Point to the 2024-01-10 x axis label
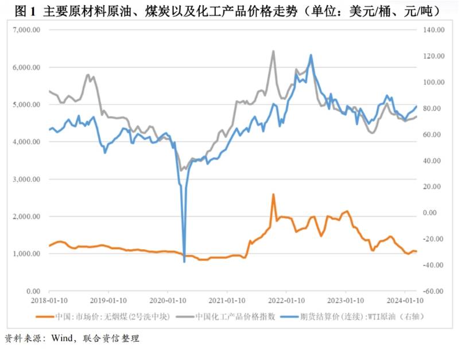(405, 300)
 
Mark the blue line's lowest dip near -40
(184, 262)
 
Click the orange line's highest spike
(273, 194)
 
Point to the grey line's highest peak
(273, 51)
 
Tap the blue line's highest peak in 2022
(311, 55)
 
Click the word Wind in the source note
(63, 339)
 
